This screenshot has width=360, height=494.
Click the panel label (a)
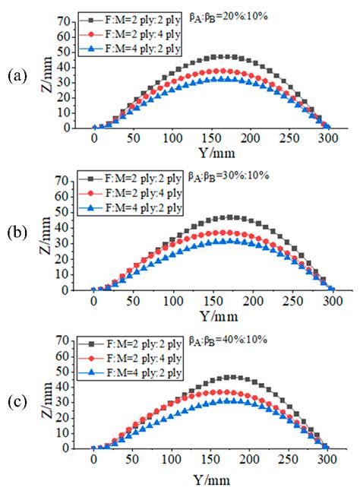pos(16,75)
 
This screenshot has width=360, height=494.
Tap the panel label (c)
pos(16,397)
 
